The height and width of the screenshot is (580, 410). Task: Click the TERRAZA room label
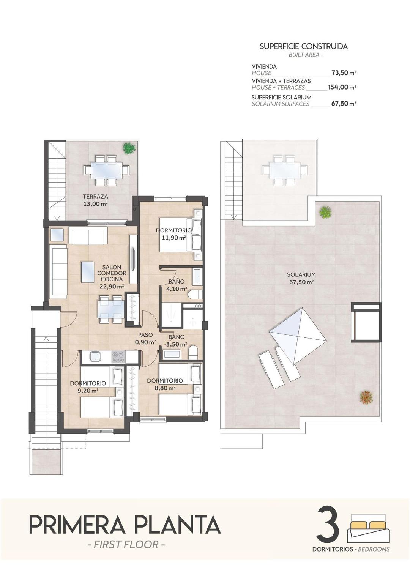pyautogui.click(x=95, y=197)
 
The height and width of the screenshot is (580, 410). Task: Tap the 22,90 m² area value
pyautogui.click(x=112, y=287)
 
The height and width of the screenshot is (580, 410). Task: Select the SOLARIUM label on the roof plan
pyautogui.click(x=301, y=274)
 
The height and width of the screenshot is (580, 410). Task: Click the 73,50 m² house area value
pyautogui.click(x=343, y=73)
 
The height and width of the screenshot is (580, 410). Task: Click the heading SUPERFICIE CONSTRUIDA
pyautogui.click(x=303, y=47)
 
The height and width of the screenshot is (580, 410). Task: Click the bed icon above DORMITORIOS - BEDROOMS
pyautogui.click(x=368, y=528)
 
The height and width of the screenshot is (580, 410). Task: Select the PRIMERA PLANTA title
pyautogui.click(x=125, y=525)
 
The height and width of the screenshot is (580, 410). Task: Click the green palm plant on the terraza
pyautogui.click(x=129, y=148)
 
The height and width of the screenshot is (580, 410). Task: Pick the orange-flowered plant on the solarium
pyautogui.click(x=366, y=397)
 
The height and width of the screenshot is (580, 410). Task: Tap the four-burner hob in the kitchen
pyautogui.click(x=118, y=357)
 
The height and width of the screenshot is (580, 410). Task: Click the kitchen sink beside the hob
pyautogui.click(x=95, y=356)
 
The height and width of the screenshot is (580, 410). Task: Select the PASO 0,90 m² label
pyautogui.click(x=145, y=339)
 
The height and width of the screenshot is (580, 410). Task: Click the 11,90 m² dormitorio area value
pyautogui.click(x=173, y=238)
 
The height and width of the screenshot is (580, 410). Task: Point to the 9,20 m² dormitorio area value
pyautogui.click(x=88, y=390)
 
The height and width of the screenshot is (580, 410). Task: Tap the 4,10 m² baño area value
pyautogui.click(x=177, y=288)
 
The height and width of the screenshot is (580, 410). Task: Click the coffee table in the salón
pyautogui.click(x=88, y=272)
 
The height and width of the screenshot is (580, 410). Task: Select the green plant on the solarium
pyautogui.click(x=325, y=212)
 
